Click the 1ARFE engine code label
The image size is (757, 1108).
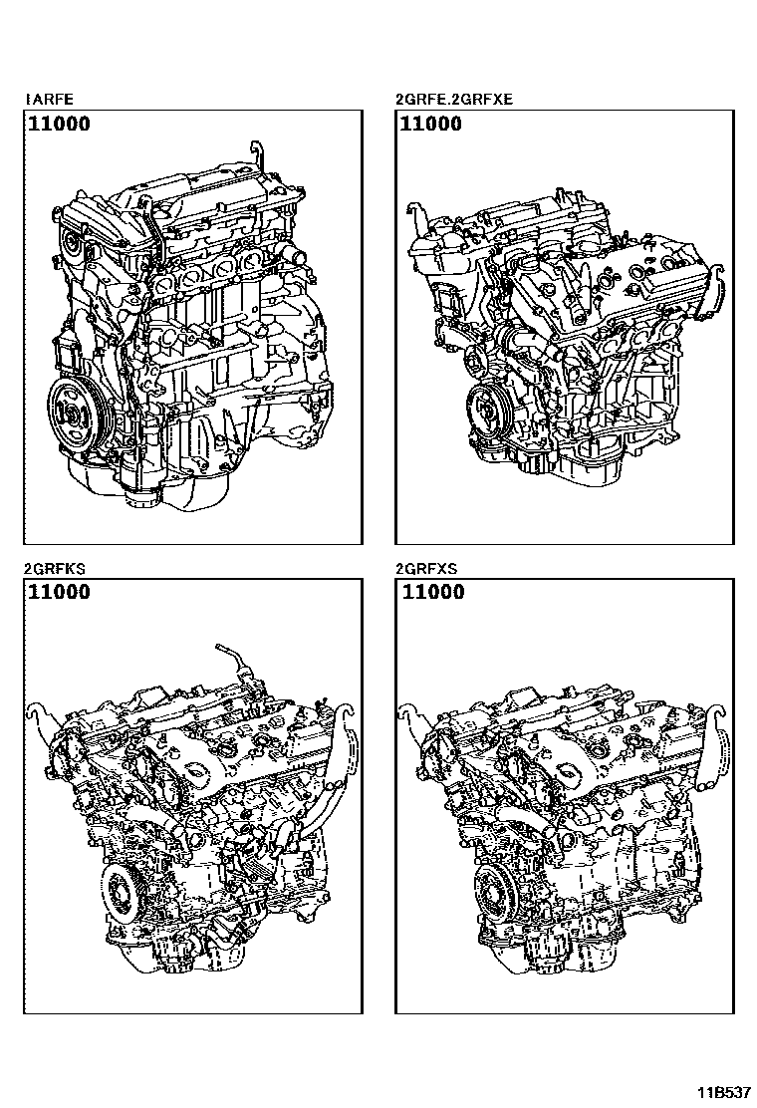(x=49, y=100)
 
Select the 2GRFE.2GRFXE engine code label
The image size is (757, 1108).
(x=455, y=100)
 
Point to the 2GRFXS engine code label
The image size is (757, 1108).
(x=426, y=569)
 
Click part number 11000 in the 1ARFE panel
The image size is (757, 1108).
(x=60, y=125)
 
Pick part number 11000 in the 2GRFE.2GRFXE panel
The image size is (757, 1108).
(x=430, y=125)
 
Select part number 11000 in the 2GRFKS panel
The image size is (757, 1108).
(x=60, y=592)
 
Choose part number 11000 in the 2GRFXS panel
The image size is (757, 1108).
(x=433, y=592)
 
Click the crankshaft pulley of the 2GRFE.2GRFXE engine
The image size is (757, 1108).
(x=486, y=409)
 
